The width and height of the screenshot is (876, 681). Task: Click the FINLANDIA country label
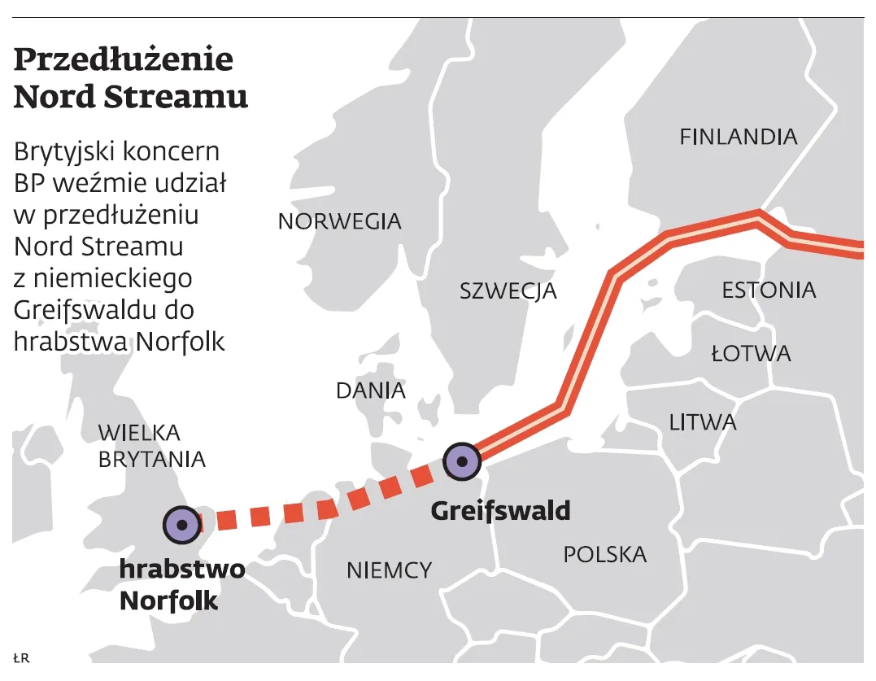coord(738,137)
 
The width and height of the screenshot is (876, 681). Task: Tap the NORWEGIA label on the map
coord(339,221)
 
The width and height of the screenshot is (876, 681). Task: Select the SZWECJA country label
coord(508,290)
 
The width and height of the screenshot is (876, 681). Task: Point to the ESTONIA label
coord(769,290)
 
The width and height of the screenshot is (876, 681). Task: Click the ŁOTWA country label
coord(750,354)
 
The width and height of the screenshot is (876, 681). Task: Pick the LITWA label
coord(703,422)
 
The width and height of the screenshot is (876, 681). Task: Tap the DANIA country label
coord(370,391)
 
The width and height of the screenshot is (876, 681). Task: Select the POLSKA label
coord(604,555)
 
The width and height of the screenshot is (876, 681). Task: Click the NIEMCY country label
coord(389,570)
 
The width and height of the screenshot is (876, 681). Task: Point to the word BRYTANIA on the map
coord(151,460)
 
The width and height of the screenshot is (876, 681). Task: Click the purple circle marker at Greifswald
coord(462,461)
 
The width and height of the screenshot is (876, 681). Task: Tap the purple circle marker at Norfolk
coord(181,525)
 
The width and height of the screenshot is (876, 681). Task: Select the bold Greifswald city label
coord(500,511)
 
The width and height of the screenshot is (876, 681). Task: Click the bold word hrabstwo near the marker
coord(181,569)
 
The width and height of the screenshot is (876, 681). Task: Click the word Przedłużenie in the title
coord(124,61)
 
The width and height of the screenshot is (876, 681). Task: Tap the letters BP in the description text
coord(28,182)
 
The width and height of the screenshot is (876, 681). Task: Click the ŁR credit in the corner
coord(21,657)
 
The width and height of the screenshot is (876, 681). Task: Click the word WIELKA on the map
coord(138,432)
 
